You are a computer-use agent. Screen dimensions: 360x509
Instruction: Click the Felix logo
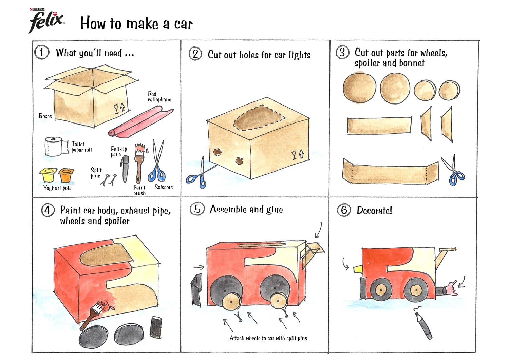coord(46,21)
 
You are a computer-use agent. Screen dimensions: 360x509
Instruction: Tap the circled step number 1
coord(41,52)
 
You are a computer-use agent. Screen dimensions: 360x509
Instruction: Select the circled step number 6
coord(344,210)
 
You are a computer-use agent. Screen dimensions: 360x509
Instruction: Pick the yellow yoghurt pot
coord(47,175)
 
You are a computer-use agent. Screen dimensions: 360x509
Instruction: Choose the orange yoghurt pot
coord(66,175)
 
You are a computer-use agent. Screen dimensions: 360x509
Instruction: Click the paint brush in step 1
coord(139,163)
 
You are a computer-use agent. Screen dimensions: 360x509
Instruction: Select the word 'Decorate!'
coord(374,210)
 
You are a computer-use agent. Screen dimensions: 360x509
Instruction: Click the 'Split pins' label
coord(96,173)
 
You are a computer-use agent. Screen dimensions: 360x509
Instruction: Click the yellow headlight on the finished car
coord(358,269)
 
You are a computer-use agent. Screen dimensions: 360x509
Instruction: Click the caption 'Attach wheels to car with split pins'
coord(268,338)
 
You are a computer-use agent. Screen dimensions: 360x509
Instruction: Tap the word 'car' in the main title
coord(183,24)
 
